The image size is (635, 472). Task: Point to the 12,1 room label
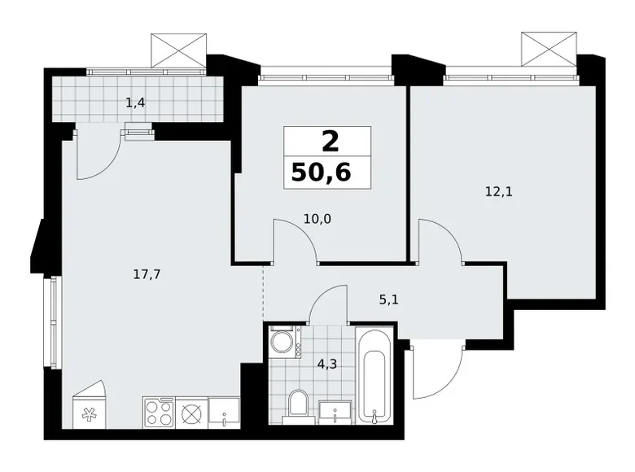pyautogui.click(x=492, y=193)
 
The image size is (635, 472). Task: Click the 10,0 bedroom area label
pyautogui.click(x=296, y=218)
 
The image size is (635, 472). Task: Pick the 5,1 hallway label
pyautogui.click(x=388, y=298)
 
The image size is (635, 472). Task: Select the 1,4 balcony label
pyautogui.click(x=136, y=102)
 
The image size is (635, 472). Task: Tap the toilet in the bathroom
pyautogui.click(x=299, y=404)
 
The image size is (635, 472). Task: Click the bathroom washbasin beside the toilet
pyautogui.click(x=335, y=411)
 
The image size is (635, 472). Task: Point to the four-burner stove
pyautogui.click(x=159, y=412)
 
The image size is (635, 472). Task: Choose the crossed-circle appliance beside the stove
pyautogui.click(x=190, y=413)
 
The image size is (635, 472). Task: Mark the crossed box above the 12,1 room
pyautogui.click(x=549, y=49)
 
